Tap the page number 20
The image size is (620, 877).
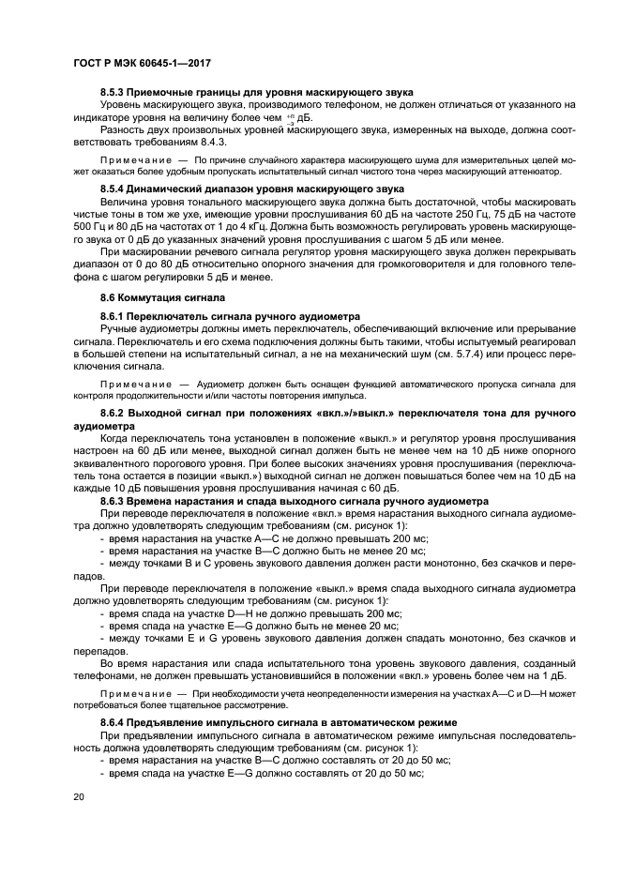click(x=80, y=797)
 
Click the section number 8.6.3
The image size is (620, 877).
click(x=114, y=502)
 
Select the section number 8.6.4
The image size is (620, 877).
click(x=114, y=722)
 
